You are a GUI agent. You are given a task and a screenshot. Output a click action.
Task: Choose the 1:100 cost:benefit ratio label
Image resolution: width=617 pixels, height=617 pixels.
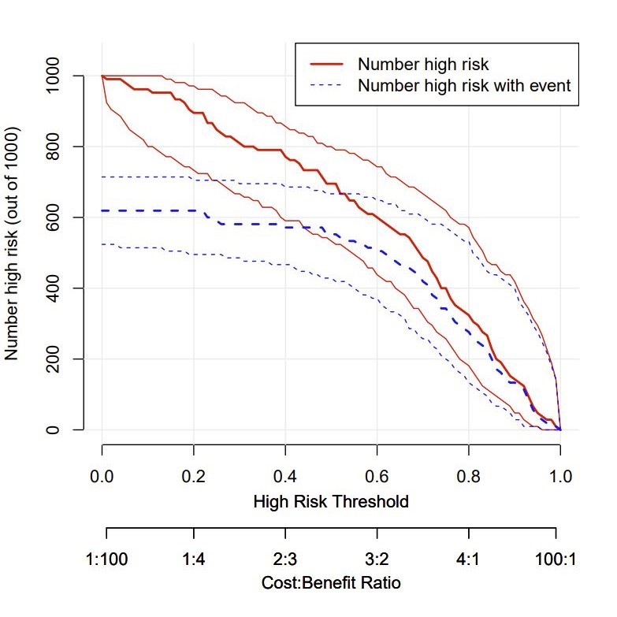106,559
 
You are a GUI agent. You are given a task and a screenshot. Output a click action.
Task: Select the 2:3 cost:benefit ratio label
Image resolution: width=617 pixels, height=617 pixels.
286,559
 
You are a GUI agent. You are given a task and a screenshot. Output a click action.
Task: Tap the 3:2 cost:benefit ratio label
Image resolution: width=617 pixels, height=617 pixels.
376,559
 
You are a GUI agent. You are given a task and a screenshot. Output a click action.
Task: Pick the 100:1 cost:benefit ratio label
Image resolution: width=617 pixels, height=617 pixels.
556,559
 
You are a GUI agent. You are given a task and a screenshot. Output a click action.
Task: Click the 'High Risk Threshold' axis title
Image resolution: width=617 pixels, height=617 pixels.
331,501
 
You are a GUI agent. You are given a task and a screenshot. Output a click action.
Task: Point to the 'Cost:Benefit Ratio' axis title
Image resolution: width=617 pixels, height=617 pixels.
331,583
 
